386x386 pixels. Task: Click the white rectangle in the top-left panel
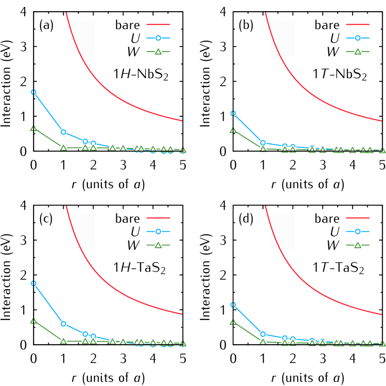pos(83,38)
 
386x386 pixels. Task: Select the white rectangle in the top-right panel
pos(282,38)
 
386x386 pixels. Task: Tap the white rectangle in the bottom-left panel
pos(83,232)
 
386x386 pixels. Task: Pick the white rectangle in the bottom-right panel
pos(282,232)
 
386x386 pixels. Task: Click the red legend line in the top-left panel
pos(158,24)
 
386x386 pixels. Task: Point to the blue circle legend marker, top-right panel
pos(358,38)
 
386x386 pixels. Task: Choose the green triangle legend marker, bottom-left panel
pos(158,245)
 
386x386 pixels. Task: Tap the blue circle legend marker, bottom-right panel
pos(358,231)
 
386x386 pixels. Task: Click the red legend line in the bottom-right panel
pos(358,218)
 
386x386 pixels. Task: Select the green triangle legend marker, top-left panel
pos(158,51)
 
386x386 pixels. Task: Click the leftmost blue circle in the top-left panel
pos(33,92)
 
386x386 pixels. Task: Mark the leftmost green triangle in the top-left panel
pos(33,127)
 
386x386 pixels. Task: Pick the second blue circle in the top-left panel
pos(63,132)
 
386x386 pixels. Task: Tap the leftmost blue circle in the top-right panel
pos(233,113)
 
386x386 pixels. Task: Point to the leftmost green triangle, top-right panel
pos(233,130)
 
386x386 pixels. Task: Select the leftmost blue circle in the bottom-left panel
pos(33,283)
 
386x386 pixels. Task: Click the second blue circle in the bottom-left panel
pos(63,324)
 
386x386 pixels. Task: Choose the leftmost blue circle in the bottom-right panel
pos(233,305)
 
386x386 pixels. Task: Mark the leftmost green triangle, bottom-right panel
pos(233,321)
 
